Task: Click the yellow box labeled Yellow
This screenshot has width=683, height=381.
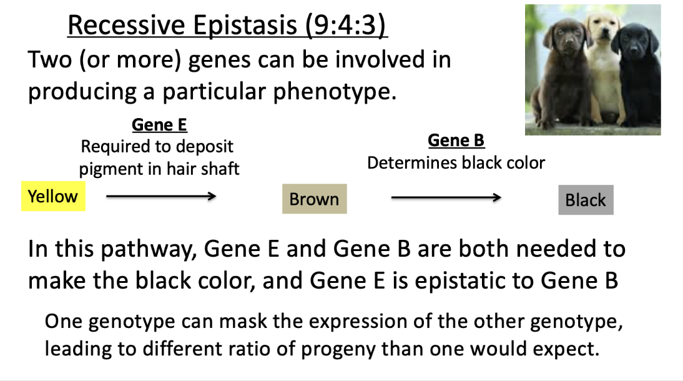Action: point(53,196)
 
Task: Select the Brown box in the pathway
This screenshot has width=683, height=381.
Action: point(315,199)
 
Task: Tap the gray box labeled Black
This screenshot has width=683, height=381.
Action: point(586,200)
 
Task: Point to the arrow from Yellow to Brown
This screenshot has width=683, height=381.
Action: point(161,196)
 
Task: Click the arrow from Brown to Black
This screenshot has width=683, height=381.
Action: point(446,197)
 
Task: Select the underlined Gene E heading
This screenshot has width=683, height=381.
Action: point(159,125)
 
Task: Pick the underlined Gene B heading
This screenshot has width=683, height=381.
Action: point(456,141)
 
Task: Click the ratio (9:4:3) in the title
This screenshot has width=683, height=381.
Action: point(345,25)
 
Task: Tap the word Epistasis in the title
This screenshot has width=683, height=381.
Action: point(245,25)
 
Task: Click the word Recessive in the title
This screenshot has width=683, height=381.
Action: point(126,25)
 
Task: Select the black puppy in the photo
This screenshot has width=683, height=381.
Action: point(637,74)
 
